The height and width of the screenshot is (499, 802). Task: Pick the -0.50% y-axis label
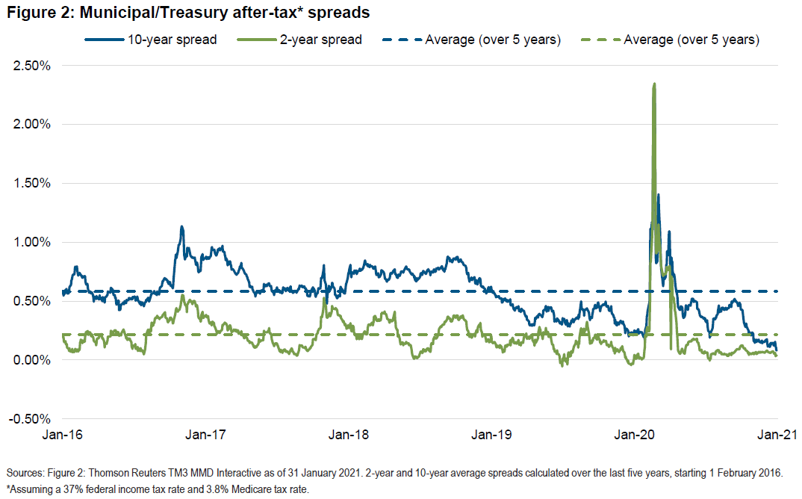[29, 418]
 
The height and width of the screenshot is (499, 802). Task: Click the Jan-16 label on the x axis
[62, 435]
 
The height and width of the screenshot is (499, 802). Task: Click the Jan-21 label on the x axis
[777, 435]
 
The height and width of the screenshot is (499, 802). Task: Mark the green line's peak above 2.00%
[654, 84]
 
